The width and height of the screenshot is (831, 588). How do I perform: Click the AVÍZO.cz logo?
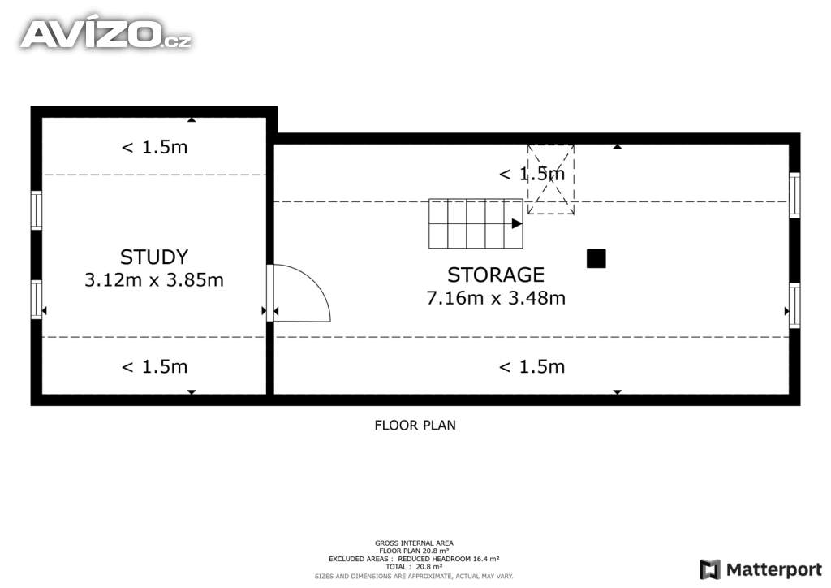point(106,32)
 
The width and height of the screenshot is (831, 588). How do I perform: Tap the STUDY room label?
point(154,257)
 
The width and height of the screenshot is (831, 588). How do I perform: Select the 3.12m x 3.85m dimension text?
point(154,280)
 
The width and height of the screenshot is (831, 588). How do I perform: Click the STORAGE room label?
point(496,275)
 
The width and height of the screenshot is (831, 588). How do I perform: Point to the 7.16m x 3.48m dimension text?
point(496,298)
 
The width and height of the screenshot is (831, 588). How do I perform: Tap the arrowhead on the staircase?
point(517,223)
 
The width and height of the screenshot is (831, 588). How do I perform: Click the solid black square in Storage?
point(596,259)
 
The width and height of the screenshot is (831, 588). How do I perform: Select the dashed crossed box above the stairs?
point(551,179)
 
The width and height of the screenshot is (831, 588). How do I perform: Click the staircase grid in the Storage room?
point(476,223)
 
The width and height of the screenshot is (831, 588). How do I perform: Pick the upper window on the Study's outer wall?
point(36,210)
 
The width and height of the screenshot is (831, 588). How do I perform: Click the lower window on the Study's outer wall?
point(36,300)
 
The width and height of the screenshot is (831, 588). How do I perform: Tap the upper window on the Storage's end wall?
point(794,195)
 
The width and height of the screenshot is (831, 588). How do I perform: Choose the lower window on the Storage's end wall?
point(794,305)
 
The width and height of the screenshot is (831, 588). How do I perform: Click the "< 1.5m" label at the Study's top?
point(155,147)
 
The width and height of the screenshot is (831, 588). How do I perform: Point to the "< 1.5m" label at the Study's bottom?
point(155,366)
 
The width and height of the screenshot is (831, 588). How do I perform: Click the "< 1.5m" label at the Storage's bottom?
point(532,366)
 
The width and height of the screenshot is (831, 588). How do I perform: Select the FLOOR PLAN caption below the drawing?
point(415,426)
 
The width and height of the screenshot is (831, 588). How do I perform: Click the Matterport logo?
point(761,569)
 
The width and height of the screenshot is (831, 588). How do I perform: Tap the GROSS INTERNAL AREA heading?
point(414,543)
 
